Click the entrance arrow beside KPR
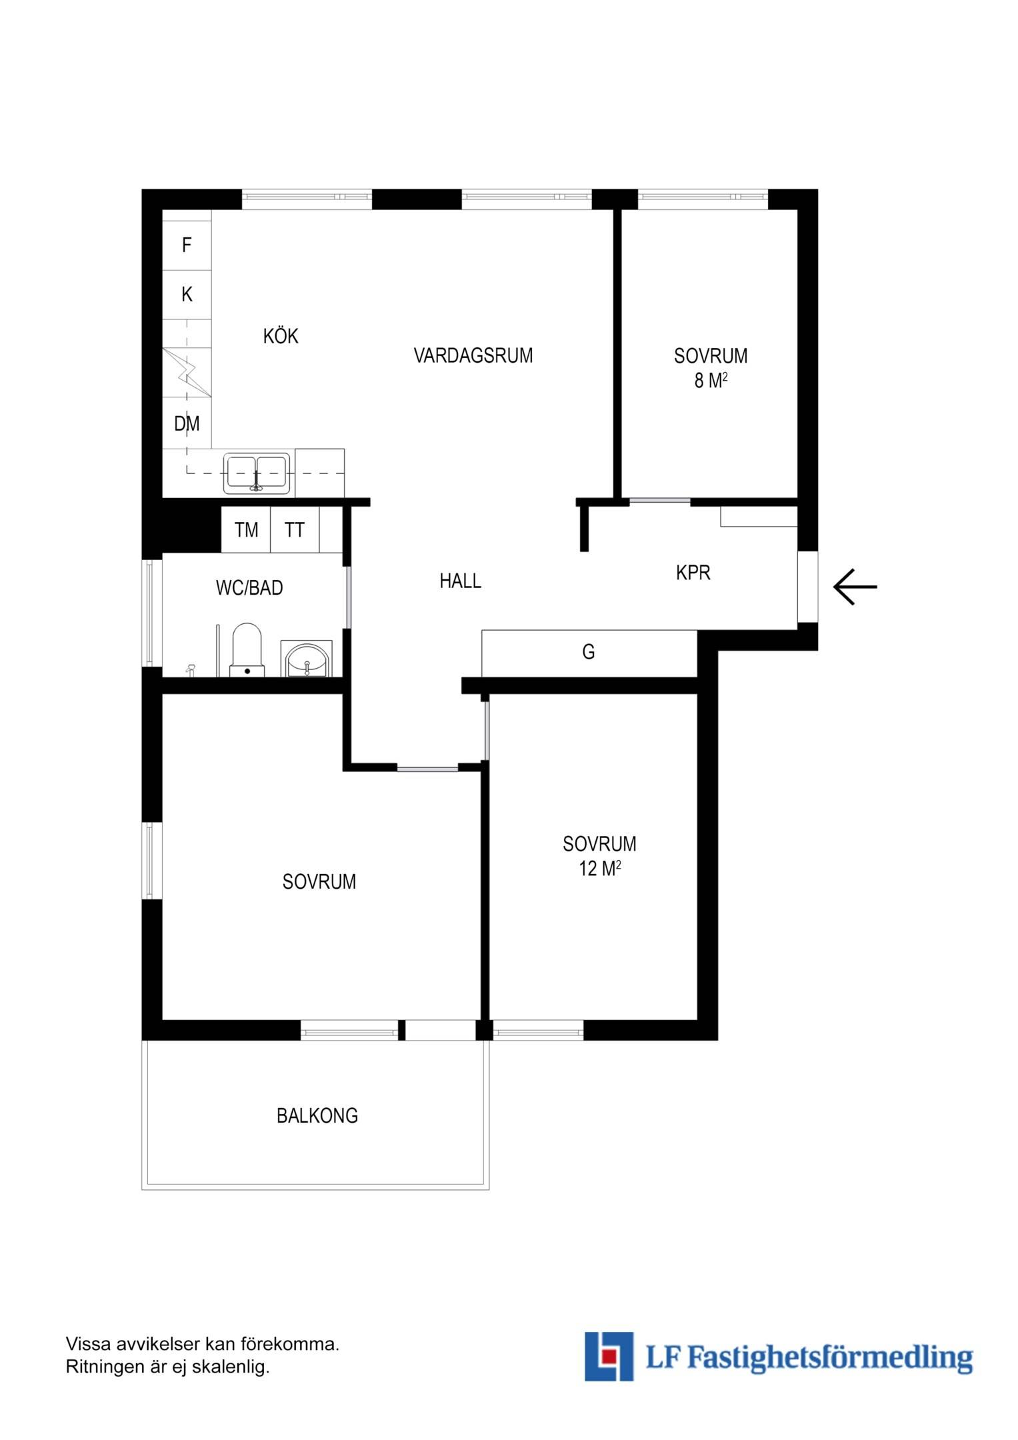click(x=855, y=587)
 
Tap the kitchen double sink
click(x=257, y=473)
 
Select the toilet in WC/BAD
click(x=247, y=650)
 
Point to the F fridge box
click(x=187, y=245)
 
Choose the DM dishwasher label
click(x=187, y=423)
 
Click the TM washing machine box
click(x=246, y=529)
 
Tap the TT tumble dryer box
click(x=295, y=529)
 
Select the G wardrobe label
click(x=588, y=651)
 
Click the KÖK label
click(x=281, y=335)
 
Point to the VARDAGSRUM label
click(x=473, y=355)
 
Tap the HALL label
click(x=460, y=581)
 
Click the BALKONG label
click(x=317, y=1115)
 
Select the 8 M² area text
click(x=711, y=380)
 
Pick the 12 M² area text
click(x=600, y=869)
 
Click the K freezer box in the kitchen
click(x=187, y=295)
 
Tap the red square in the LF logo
click(x=607, y=1356)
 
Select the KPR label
click(x=693, y=572)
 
